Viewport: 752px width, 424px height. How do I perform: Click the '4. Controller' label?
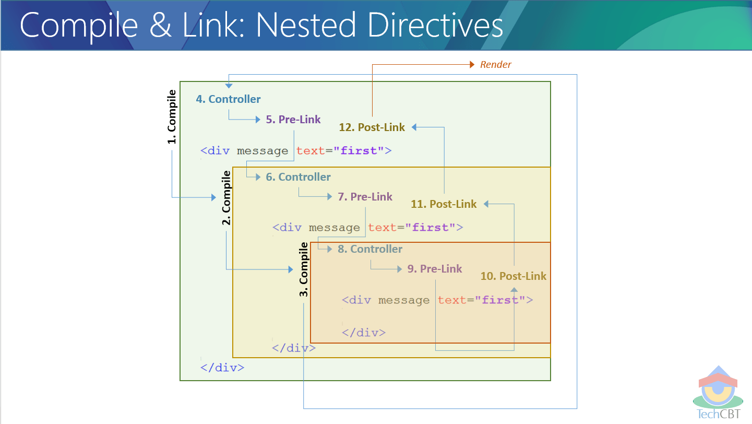point(228,99)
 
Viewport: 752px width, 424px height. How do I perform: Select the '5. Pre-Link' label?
point(293,120)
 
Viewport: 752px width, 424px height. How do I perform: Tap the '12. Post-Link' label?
point(372,127)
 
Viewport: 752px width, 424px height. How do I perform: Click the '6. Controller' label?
point(298,177)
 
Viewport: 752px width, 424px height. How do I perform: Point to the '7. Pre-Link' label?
point(365,197)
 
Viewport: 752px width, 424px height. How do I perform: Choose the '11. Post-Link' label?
point(444,204)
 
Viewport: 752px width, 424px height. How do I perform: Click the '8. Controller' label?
point(370,249)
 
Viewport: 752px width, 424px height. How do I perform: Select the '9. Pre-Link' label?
point(435,269)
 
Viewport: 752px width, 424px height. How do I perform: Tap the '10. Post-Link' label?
point(513,276)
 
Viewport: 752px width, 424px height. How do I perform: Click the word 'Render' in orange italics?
point(496,65)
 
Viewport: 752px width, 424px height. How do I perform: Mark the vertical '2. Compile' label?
point(226,198)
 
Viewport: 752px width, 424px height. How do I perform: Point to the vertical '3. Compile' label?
point(304,269)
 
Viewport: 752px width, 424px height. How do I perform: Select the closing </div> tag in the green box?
point(222,368)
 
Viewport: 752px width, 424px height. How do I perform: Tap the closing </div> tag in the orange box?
point(364,333)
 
